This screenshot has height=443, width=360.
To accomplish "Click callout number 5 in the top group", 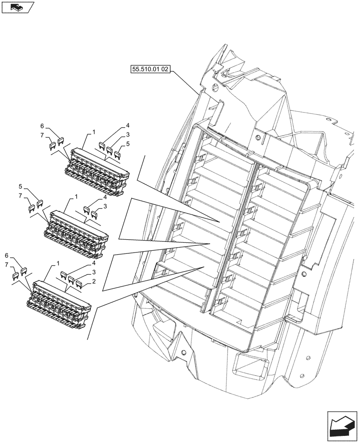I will coord(128,144).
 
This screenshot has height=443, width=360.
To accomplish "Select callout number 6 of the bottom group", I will coord(6,256).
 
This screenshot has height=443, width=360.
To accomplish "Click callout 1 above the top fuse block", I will coord(94,132).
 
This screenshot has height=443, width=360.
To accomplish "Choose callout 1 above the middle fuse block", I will coord(77,196).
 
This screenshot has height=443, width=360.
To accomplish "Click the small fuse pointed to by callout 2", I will coord(79,283).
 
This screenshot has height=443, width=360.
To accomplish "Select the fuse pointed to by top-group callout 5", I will coord(118,154).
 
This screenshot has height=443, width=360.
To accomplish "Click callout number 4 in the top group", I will coord(127,125).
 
